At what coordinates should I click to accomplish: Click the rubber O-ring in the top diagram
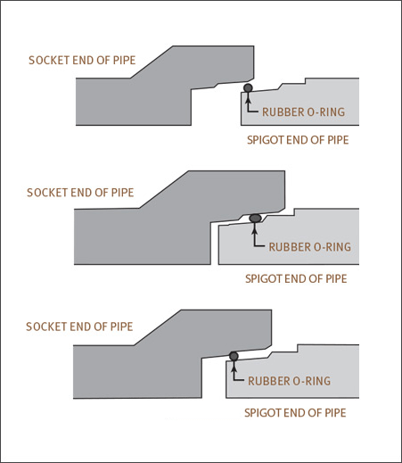click(248, 88)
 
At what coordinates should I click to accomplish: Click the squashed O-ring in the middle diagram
click(255, 219)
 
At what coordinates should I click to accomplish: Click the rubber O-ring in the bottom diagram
click(234, 356)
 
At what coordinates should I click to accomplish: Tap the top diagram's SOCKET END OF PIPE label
click(82, 61)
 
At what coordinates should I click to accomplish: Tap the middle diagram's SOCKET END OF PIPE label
click(80, 193)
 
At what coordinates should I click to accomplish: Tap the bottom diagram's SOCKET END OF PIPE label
click(79, 327)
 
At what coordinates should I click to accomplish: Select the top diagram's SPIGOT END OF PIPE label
click(298, 140)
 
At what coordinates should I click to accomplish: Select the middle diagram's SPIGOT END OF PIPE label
click(296, 279)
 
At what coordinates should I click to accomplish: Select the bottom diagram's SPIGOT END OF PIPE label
click(295, 413)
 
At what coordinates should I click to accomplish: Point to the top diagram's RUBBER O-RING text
click(303, 112)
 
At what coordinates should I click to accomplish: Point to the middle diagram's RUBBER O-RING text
click(310, 247)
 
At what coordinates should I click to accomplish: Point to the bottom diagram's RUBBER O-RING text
click(289, 381)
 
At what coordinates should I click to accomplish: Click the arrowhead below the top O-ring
click(248, 97)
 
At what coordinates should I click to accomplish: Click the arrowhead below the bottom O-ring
click(234, 367)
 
